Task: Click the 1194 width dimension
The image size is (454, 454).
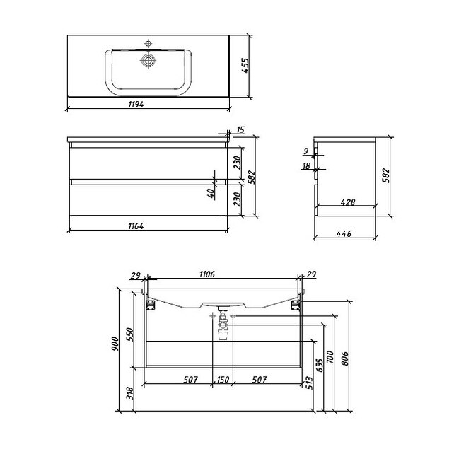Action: [x=136, y=104]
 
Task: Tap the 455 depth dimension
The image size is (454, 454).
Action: [x=245, y=66]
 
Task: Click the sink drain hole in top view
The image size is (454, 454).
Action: [x=149, y=61]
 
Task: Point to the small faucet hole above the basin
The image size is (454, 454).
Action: [x=149, y=44]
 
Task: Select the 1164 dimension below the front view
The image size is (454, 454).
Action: [x=136, y=226]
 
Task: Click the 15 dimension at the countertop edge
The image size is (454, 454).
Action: [x=240, y=130]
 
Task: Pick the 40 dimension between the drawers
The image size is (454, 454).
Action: [x=211, y=193]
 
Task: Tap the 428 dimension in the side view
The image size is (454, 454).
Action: [x=347, y=202]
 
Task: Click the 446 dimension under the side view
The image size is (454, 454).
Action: [x=344, y=233]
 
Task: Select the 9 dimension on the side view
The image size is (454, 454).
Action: [x=306, y=151]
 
